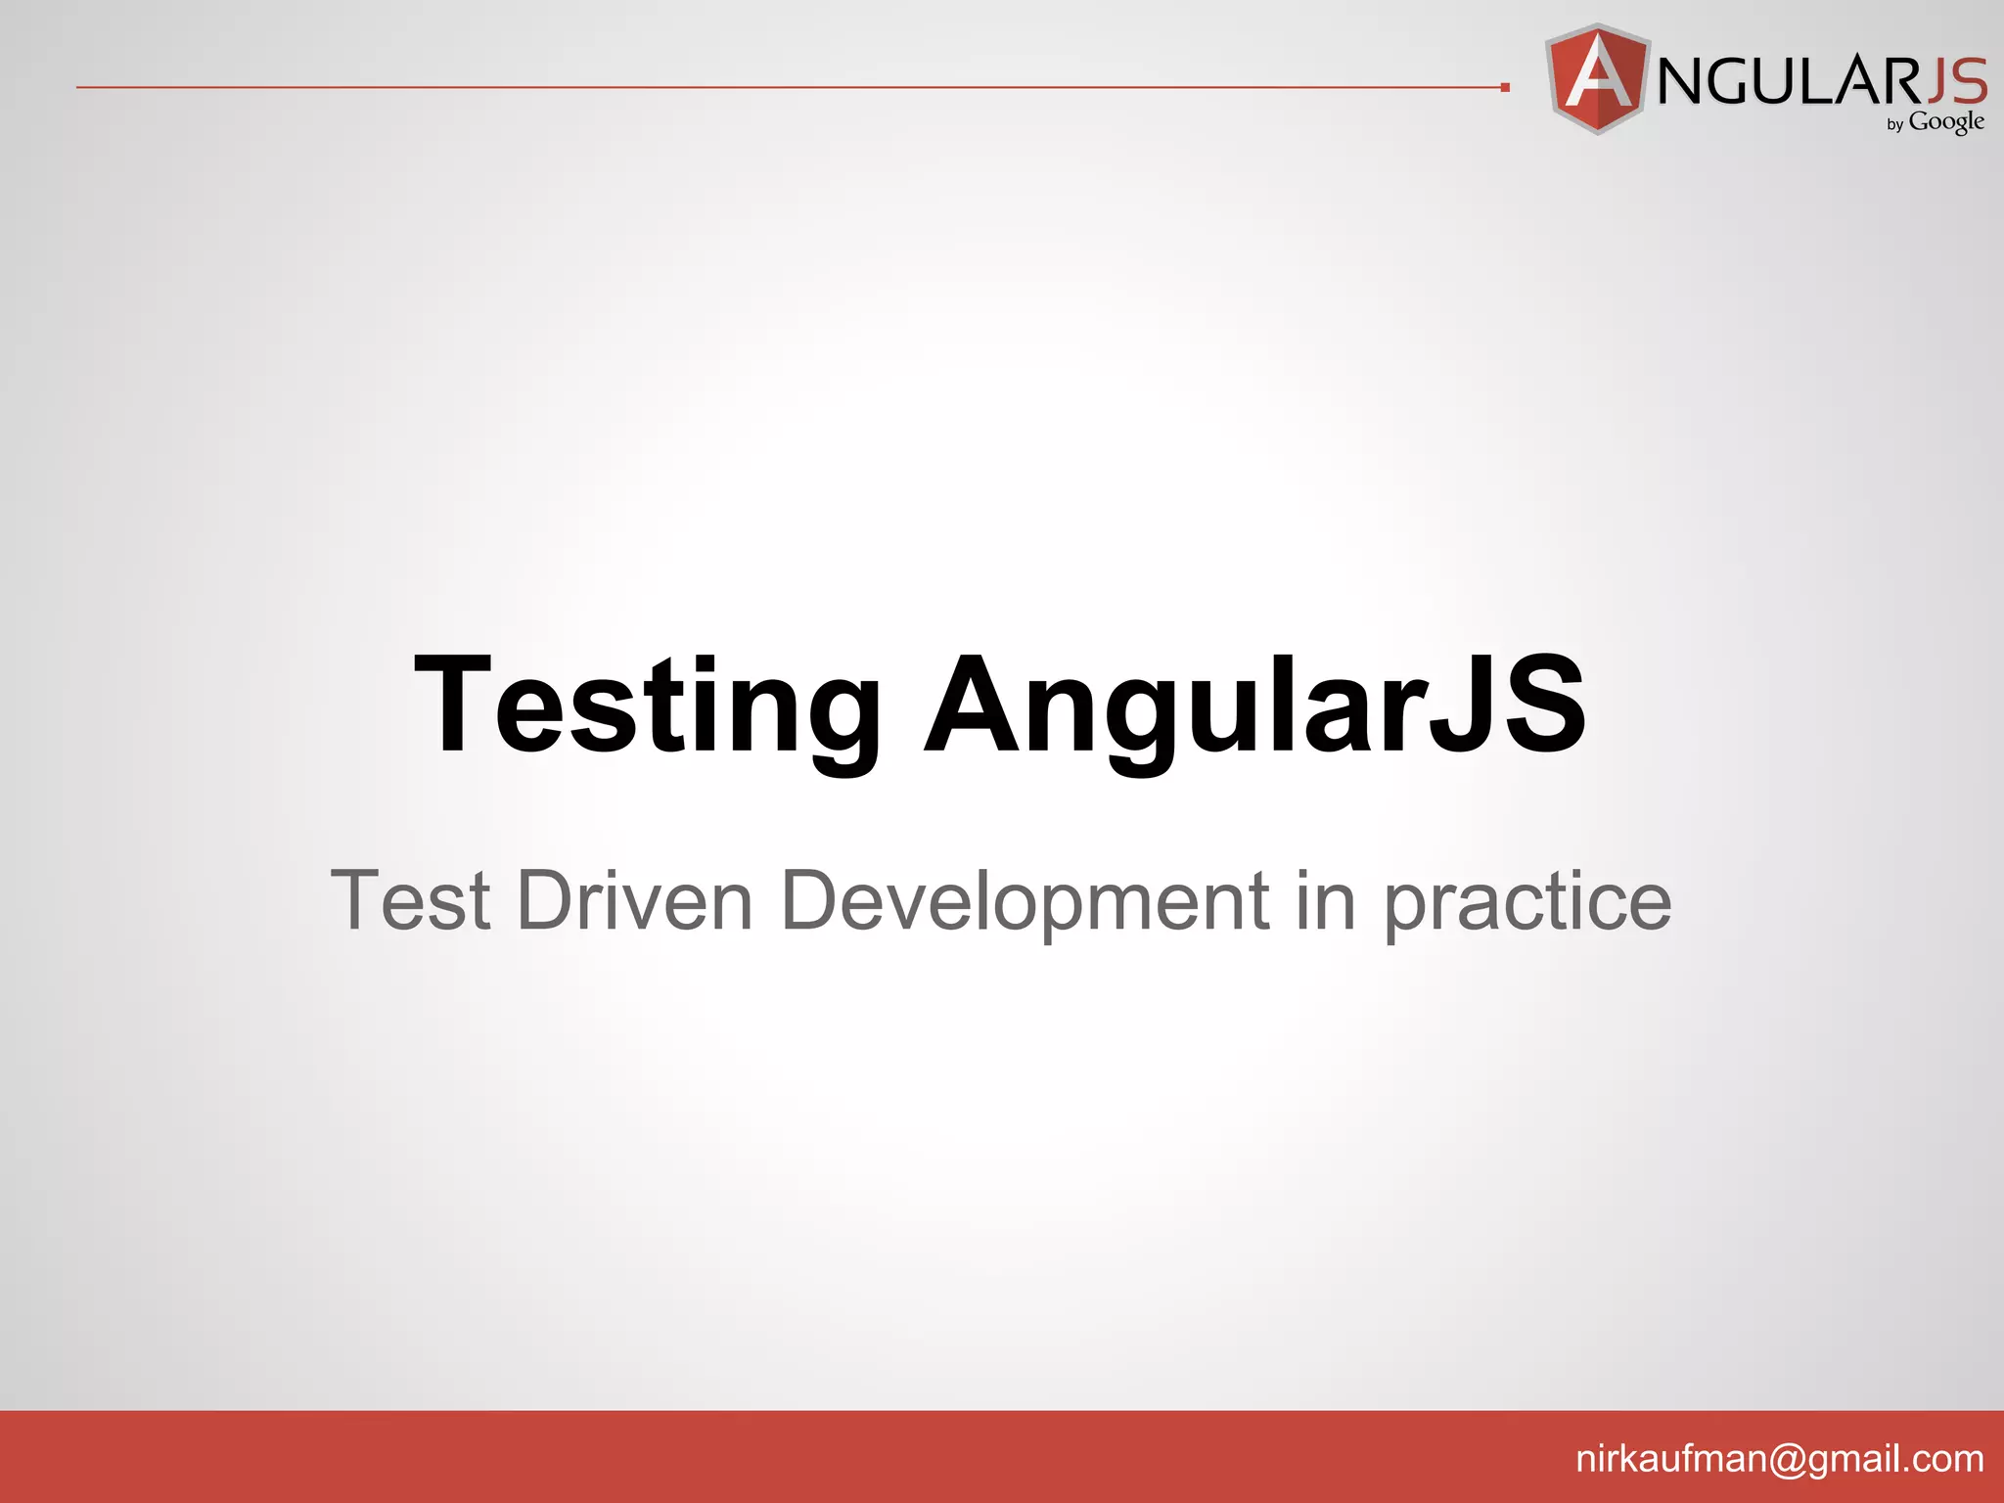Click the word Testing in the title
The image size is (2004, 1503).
coord(647,706)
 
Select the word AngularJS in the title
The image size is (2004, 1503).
coord(1254,706)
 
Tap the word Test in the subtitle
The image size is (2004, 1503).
coord(410,901)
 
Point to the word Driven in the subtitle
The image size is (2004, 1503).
coord(635,901)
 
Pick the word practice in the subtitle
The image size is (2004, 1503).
coord(1527,901)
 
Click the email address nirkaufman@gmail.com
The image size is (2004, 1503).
coord(1780,1459)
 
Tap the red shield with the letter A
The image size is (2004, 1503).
coord(1597,78)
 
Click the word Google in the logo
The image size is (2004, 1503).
coord(1946,122)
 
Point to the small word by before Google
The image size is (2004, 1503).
coord(1895,125)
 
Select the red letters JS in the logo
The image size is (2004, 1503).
coord(1956,80)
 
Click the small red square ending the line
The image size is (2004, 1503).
coord(1505,88)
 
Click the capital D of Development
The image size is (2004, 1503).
coord(813,899)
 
